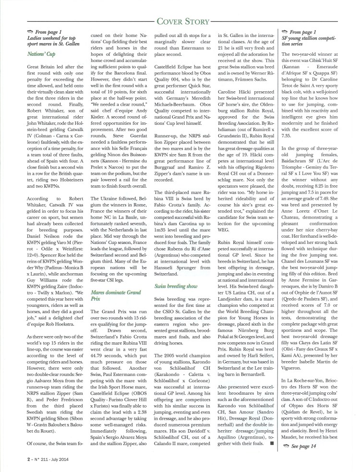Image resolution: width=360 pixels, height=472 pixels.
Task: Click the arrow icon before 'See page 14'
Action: click(x=286, y=446)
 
